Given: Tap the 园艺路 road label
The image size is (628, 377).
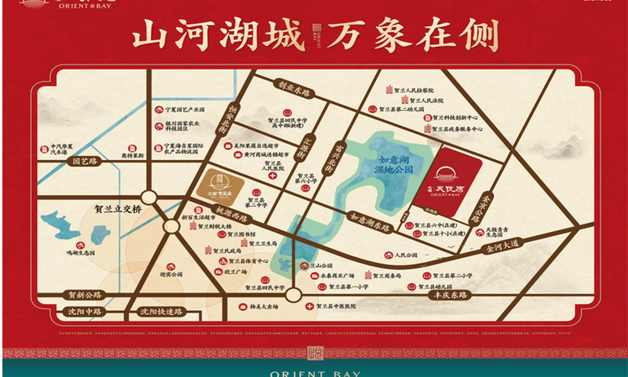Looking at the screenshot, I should click(x=86, y=161).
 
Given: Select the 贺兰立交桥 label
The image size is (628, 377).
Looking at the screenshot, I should click(x=119, y=209).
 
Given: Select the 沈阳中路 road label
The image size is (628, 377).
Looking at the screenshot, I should click(x=85, y=311).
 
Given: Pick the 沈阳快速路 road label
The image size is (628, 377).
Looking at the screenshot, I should click(x=162, y=311).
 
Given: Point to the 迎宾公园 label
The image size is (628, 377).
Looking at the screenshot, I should click(x=170, y=274).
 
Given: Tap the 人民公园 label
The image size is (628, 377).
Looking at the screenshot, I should click(x=399, y=255).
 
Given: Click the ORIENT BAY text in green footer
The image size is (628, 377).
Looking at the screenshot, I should click(x=314, y=368).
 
